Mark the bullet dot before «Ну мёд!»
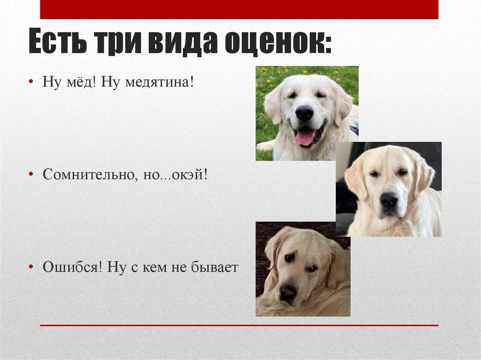pos(31,82)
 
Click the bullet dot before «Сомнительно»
pos(31,175)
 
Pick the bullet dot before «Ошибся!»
pos(31,268)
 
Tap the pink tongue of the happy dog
pos(305,138)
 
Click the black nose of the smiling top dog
pos(304,112)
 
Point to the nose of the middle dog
pos(388,201)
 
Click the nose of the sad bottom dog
pos(287,292)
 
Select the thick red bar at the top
pos(239,9)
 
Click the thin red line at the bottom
pos(239,325)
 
